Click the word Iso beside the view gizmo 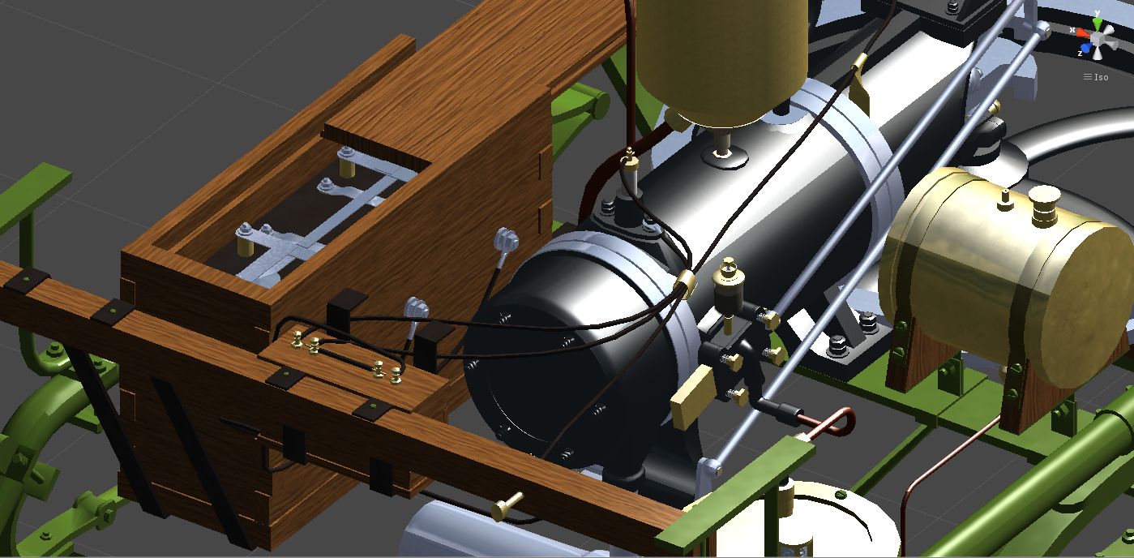[1101, 77]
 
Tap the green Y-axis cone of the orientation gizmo [1097, 24]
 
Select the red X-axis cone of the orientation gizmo [1083, 33]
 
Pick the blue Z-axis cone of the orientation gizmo [1086, 49]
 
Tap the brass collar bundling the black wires [686, 282]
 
